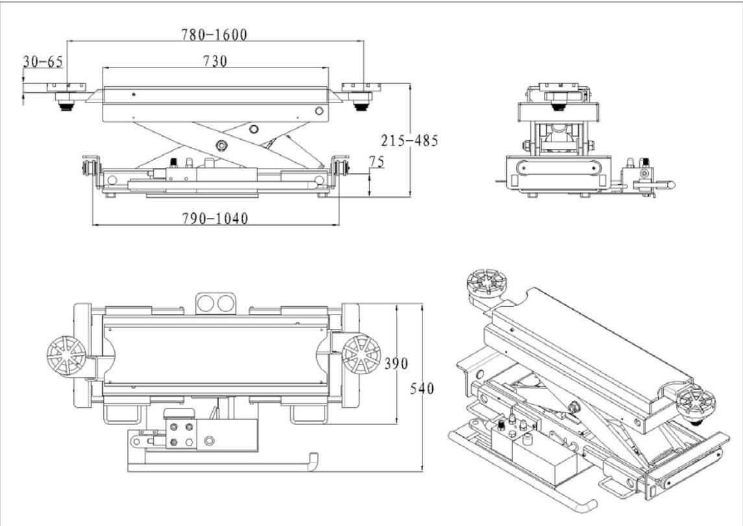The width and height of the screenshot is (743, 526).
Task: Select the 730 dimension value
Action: (x=215, y=61)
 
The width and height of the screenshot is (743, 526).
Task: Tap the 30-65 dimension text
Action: (x=43, y=62)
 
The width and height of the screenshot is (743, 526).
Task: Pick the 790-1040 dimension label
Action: (x=213, y=219)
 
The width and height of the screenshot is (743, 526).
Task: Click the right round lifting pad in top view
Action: (x=361, y=353)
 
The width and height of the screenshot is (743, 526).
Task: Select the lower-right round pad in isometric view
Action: (x=696, y=403)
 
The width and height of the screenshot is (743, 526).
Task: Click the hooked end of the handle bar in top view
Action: (x=313, y=461)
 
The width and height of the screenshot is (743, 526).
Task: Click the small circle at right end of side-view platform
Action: (x=319, y=112)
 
